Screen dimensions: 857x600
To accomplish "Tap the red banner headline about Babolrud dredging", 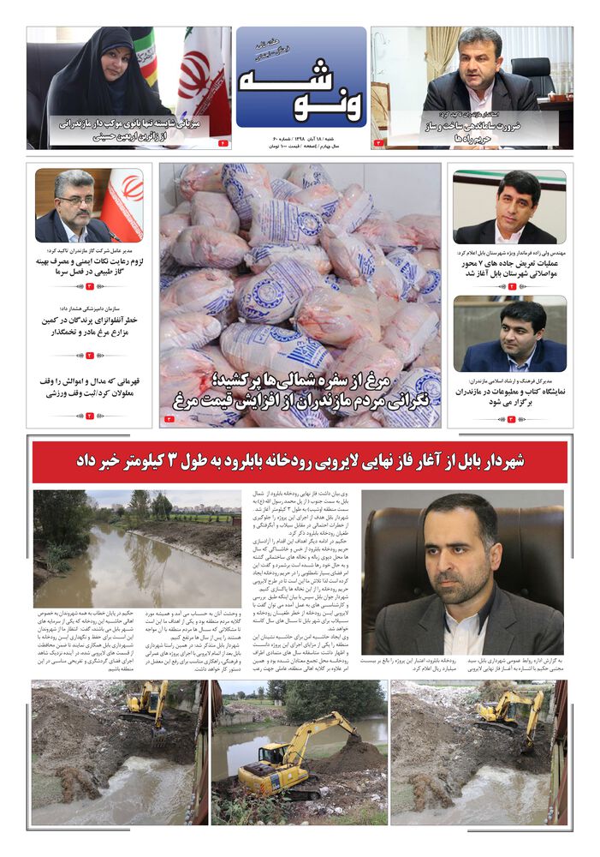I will tap(300, 462).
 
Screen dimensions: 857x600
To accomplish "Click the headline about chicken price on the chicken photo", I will tap(300, 390).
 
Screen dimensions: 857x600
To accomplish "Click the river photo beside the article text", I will tap(138, 548).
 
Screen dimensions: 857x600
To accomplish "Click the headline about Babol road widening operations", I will tap(509, 267).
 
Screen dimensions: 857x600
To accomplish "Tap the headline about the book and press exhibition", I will tap(509, 396).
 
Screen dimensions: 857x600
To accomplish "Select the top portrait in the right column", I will tap(508, 207).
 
